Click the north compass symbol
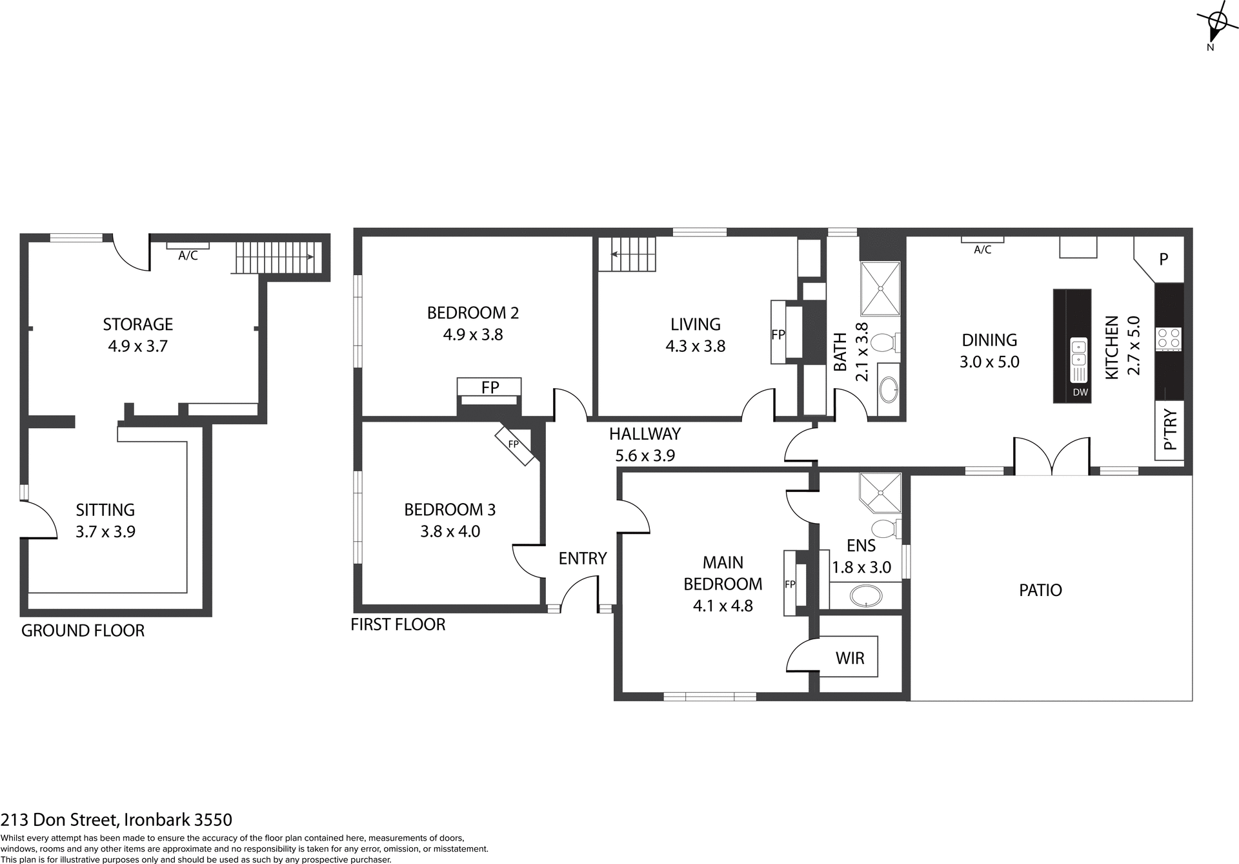pyautogui.click(x=1217, y=23)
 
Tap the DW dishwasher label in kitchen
pyautogui.click(x=1080, y=392)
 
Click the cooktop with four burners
pyautogui.click(x=1168, y=338)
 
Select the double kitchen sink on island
pyautogui.click(x=1078, y=353)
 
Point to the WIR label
pyautogui.click(x=849, y=658)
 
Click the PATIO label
pyautogui.click(x=1040, y=590)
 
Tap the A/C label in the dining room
pyautogui.click(x=982, y=250)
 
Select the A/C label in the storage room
pyautogui.click(x=188, y=256)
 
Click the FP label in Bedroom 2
pyautogui.click(x=490, y=387)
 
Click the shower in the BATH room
pyautogui.click(x=880, y=289)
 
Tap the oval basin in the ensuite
pyautogui.click(x=865, y=596)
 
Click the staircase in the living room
pyautogui.click(x=627, y=254)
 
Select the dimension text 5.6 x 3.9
pyautogui.click(x=645, y=456)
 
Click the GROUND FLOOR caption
pyautogui.click(x=83, y=631)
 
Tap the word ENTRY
pyautogui.click(x=582, y=558)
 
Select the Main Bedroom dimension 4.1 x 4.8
pyautogui.click(x=723, y=606)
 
